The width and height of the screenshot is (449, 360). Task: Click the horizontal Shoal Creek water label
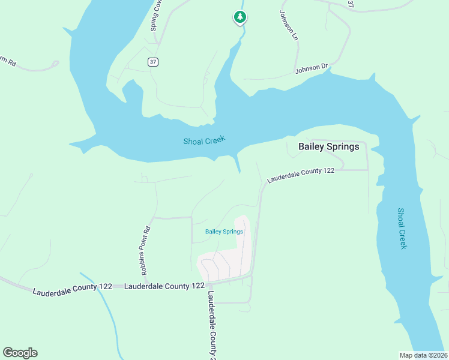[204, 140]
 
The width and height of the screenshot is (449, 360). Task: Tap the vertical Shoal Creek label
[402, 229]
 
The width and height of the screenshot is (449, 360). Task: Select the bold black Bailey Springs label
[329, 146]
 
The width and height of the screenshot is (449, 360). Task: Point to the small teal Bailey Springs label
[224, 232]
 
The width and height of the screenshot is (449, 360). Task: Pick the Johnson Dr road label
[312, 69]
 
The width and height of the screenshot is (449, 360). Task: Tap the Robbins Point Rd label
[145, 247]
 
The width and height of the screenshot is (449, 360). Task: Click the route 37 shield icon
[154, 62]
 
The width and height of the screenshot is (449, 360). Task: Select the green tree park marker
[240, 17]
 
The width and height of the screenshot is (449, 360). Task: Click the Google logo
[20, 353]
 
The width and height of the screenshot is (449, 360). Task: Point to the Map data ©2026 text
[423, 355]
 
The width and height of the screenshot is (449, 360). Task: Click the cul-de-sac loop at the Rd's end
[55, 62]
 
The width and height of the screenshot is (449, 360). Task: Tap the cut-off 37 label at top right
[351, 4]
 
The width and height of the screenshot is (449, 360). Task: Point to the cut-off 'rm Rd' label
[7, 61]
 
